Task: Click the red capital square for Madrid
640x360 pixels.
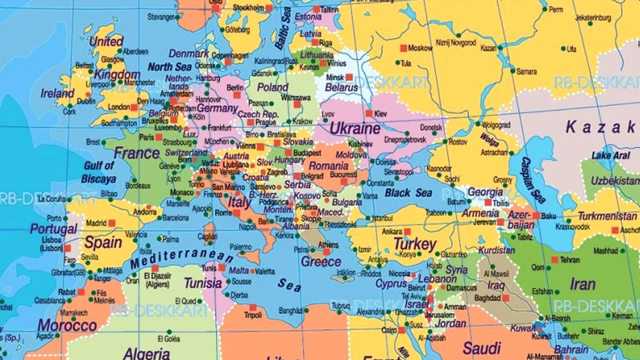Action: (x=111, y=223)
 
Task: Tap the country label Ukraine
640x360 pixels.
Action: (x=355, y=128)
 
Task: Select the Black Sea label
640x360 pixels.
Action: (x=408, y=192)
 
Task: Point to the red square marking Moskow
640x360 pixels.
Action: (x=403, y=48)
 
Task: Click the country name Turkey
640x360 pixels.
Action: (x=414, y=244)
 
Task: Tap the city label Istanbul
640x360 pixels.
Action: (x=382, y=218)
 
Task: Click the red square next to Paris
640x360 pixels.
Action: (x=158, y=137)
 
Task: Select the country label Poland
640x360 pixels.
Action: (x=272, y=87)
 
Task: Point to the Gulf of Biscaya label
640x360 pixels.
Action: (x=99, y=172)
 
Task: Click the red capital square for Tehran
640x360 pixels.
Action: (x=554, y=259)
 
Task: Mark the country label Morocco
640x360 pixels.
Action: (x=67, y=325)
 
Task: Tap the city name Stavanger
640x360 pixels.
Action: (x=161, y=16)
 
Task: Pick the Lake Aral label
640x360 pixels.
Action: (x=610, y=155)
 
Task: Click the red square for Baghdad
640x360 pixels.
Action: (x=505, y=298)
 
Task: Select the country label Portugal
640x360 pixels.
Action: (x=53, y=229)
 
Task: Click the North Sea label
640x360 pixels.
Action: (x=170, y=67)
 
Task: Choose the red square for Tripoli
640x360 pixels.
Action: (x=252, y=307)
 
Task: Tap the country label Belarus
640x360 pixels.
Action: (x=341, y=87)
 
